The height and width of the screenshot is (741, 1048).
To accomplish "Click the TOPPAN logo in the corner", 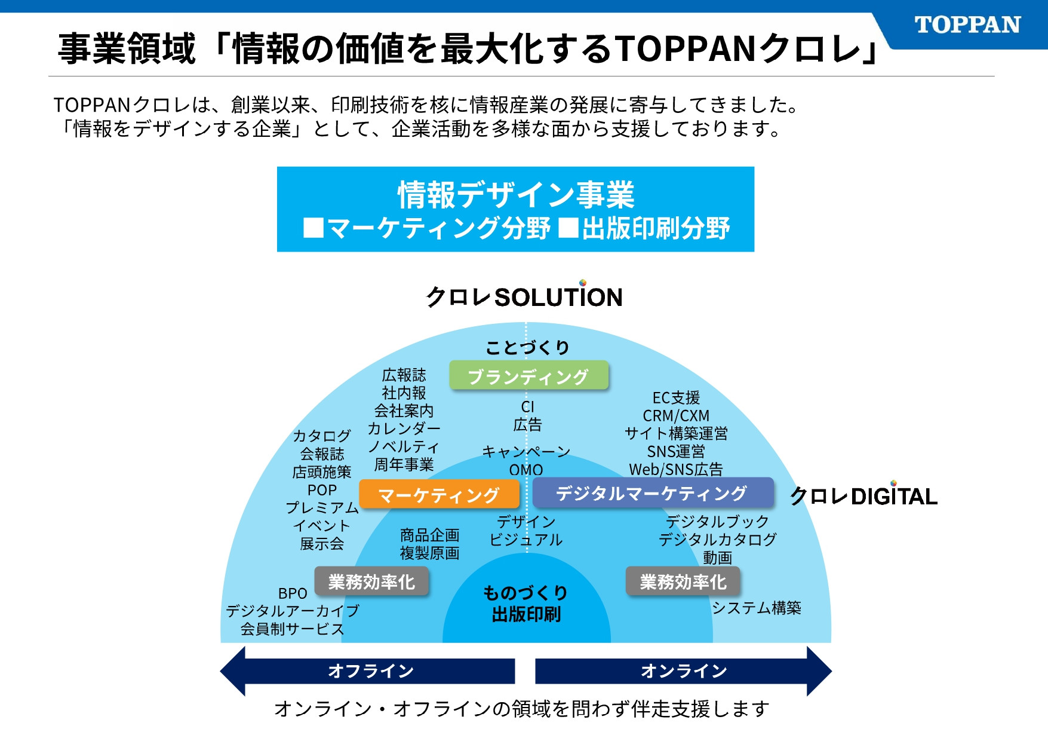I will (x=967, y=25).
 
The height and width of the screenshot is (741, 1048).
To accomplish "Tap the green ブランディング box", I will (x=528, y=376).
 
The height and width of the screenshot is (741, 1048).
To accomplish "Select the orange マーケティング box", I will (x=439, y=495).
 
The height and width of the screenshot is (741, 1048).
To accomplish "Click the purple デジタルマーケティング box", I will (x=652, y=493).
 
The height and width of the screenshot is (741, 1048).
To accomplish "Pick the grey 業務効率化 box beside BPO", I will (x=371, y=581).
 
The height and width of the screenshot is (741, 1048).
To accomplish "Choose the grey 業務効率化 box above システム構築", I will (x=683, y=581).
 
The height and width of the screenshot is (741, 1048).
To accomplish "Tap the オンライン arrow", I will (x=684, y=671).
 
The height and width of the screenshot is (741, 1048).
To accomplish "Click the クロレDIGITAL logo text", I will (x=863, y=497).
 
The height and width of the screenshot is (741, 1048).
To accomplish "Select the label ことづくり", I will (x=527, y=347).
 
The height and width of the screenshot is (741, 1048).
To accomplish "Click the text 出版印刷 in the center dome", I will (x=526, y=614).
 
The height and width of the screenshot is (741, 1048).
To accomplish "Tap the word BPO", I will (x=293, y=593).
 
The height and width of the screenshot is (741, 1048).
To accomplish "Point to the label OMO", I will (x=526, y=470).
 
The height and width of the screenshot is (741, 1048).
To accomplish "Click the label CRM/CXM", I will (x=676, y=415).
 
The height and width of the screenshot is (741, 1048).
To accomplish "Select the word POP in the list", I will (x=322, y=490).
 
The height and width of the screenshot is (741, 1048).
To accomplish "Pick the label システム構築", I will (x=756, y=608).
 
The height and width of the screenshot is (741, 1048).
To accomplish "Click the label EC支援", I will (x=676, y=397).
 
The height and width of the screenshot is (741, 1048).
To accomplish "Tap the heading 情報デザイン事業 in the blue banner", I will (x=516, y=195).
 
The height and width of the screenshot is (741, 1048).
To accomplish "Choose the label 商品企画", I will (x=429, y=535).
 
